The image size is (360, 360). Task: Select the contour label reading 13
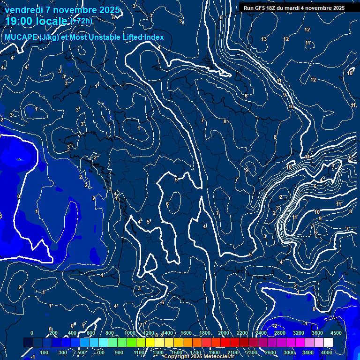[x=264, y=39]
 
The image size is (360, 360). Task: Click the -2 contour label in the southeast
[x=275, y=326]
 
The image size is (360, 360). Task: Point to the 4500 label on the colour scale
[x=336, y=333]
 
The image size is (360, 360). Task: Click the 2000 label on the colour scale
[x=224, y=333]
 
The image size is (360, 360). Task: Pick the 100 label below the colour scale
[x=45, y=352]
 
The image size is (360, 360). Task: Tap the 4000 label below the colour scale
[x=327, y=352]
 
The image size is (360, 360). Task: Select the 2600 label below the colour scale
[x=270, y=352]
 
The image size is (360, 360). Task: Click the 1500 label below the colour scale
[x=177, y=352]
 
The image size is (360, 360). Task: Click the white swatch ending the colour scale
[x=328, y=343]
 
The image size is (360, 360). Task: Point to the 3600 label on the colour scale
[x=317, y=333]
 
